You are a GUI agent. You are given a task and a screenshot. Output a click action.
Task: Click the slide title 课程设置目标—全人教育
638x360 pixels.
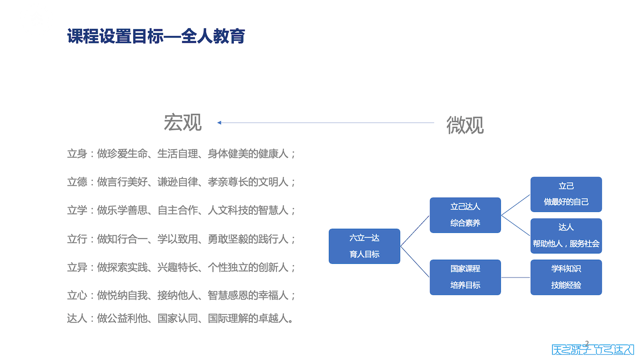coord(156,36)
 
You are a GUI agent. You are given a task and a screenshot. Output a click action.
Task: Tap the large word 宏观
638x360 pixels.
coord(183,123)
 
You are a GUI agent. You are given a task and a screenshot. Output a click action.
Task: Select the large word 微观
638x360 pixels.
coord(465,125)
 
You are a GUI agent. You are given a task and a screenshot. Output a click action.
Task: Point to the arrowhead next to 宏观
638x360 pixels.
coord(219,123)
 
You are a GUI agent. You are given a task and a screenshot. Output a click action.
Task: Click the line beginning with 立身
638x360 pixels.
coord(181,154)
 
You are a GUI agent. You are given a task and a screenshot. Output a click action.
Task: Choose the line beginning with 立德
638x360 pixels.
coord(181,182)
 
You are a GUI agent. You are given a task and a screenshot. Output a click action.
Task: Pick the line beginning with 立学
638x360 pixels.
coord(181,210)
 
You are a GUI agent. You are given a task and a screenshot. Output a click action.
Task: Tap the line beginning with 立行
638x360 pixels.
coord(181,238)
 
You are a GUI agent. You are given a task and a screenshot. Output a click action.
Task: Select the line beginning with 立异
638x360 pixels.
coord(181,267)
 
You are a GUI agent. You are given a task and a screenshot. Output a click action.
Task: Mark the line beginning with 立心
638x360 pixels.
coord(181,295)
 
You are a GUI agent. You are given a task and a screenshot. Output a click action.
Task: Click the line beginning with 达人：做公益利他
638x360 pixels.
coord(180,318)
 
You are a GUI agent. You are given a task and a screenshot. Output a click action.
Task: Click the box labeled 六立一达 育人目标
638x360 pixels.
coord(365,246)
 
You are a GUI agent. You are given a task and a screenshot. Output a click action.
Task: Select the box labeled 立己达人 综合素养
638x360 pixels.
coord(465,215)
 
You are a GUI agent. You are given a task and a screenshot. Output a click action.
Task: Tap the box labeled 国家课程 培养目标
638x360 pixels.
coord(465,277)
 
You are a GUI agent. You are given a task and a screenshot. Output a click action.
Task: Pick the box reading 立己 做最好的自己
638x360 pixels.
coord(566,194)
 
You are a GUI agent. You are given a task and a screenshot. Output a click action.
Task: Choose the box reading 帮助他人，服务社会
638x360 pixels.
coord(566,236)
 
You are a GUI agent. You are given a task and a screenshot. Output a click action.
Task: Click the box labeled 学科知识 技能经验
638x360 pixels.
coord(566,277)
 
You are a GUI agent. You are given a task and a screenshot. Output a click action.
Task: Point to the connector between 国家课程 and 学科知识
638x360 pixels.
coord(515,277)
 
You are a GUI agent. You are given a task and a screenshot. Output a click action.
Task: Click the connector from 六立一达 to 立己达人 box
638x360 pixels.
coord(415,231)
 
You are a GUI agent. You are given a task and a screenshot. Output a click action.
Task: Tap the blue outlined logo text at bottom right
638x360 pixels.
coord(592,350)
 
